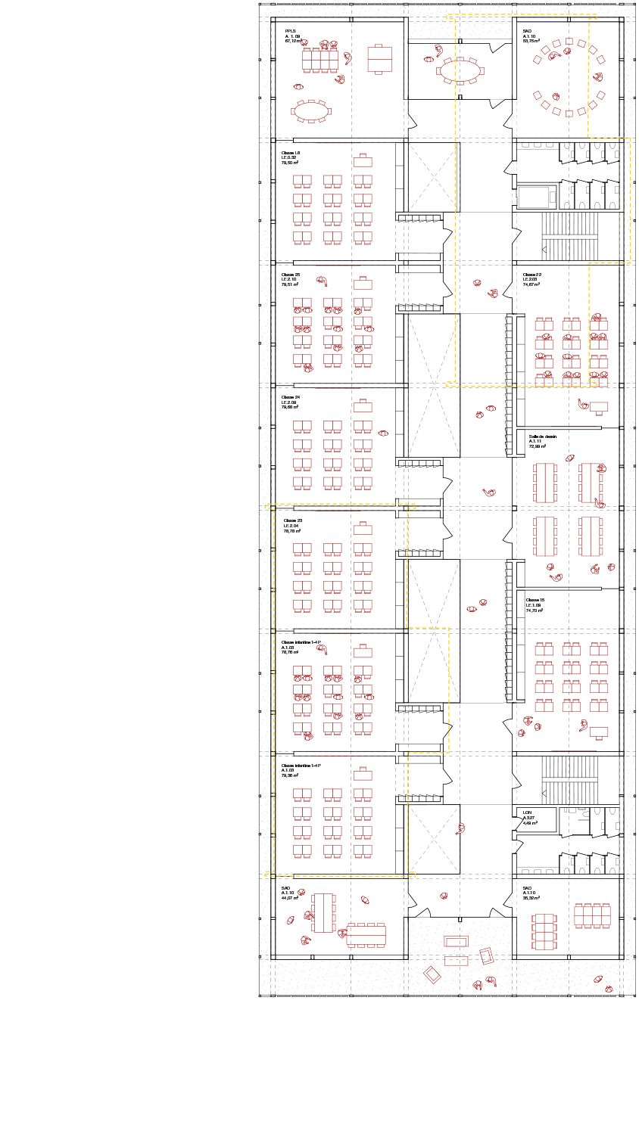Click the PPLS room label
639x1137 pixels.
pos(289,31)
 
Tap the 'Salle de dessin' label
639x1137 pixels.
pos(542,436)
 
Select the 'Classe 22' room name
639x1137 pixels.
pos(531,275)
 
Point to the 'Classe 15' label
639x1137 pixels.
pos(535,600)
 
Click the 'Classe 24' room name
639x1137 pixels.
pos(291,397)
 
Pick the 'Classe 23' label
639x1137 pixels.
pos(293,520)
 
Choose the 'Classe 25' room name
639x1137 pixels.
pos(291,275)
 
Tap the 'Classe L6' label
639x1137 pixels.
pos(291,152)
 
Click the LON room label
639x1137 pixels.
pos(527,812)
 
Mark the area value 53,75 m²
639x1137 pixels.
pos(531,42)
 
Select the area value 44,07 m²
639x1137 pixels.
pos(289,898)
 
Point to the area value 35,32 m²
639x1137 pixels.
pos(531,898)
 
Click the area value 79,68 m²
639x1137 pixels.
pos(290,408)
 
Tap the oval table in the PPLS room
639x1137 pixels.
pos(310,111)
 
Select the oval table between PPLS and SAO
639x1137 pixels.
pos(460,72)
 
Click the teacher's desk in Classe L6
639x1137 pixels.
pos(363,161)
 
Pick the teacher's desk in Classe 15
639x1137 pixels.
pos(598,732)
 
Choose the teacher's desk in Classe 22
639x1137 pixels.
pos(598,407)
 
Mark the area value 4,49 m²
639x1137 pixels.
pos(530,823)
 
